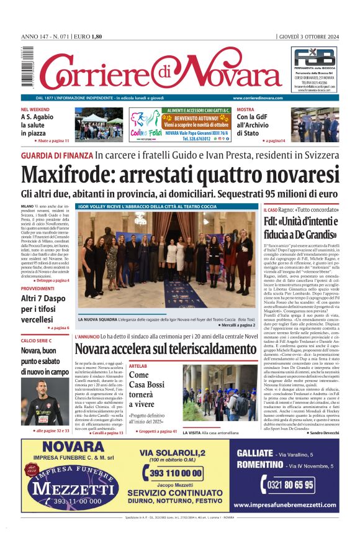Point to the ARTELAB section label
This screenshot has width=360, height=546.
point(137,366)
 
